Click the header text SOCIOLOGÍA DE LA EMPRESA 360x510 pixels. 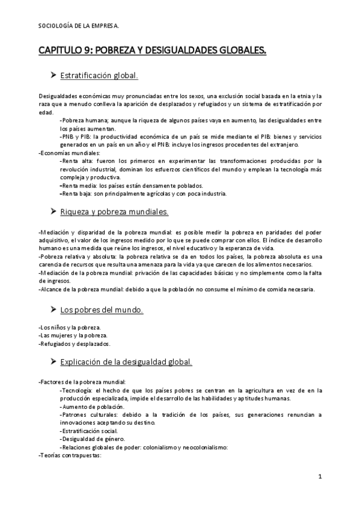click(78, 25)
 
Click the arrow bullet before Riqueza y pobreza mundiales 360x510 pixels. click(52, 212)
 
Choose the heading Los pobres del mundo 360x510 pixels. click(102, 310)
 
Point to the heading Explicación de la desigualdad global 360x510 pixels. click(126, 361)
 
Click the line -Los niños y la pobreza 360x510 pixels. click(69, 327)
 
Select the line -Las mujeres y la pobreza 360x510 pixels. click(73, 335)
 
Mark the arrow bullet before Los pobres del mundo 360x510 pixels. click(52, 310)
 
